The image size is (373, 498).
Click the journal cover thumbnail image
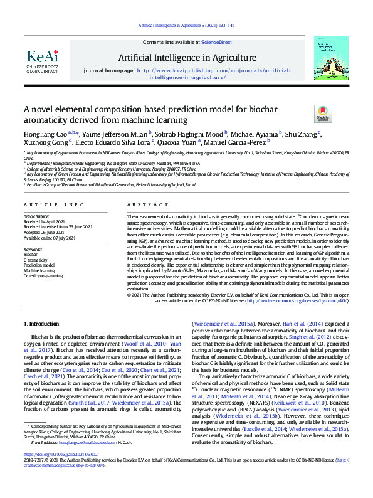328,58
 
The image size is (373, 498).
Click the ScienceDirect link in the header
216,41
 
